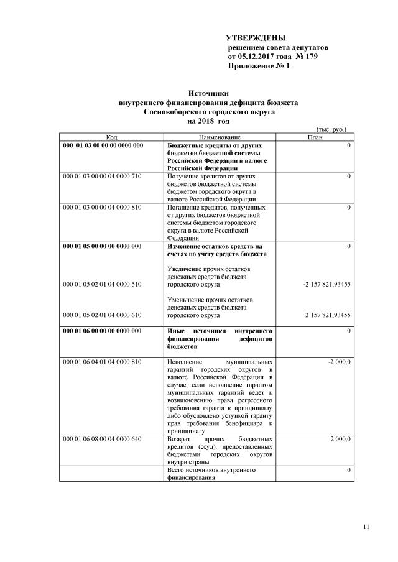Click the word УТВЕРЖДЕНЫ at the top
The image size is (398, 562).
(x=255, y=39)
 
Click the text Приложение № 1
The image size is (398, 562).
(x=259, y=66)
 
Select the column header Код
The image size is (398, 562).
(x=111, y=137)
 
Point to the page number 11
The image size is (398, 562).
(x=366, y=528)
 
